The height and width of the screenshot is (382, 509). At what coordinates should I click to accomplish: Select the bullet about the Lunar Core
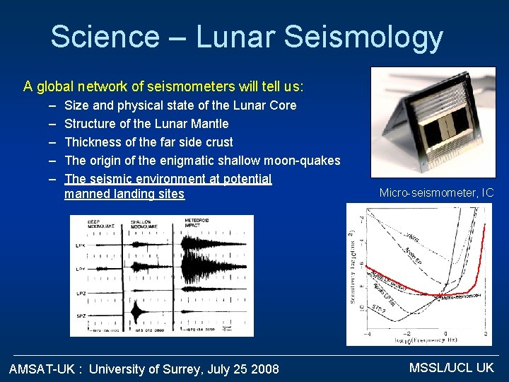(180, 105)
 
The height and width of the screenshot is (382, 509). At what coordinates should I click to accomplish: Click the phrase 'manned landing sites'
(124, 194)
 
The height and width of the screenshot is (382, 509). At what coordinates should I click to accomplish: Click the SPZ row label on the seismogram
(81, 315)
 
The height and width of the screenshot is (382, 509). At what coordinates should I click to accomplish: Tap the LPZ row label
(81, 292)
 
